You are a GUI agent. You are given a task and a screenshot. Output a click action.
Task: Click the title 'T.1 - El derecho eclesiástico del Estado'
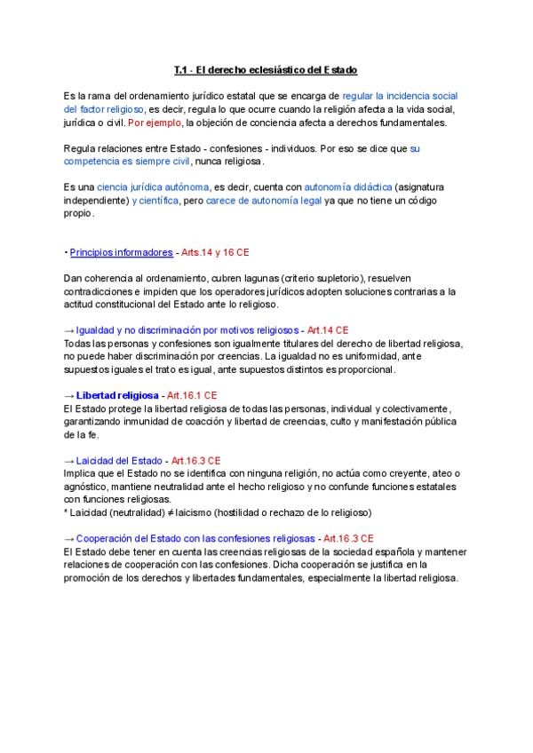(266, 69)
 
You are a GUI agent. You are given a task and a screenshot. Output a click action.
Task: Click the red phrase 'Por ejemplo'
(153, 123)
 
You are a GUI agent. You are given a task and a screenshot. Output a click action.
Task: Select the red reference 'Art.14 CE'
(328, 329)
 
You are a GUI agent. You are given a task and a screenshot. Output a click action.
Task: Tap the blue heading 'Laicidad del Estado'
(119, 461)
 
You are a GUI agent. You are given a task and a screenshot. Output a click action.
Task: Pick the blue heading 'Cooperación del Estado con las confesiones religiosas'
(195, 538)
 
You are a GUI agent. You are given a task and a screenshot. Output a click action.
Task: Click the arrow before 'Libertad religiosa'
(69, 394)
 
